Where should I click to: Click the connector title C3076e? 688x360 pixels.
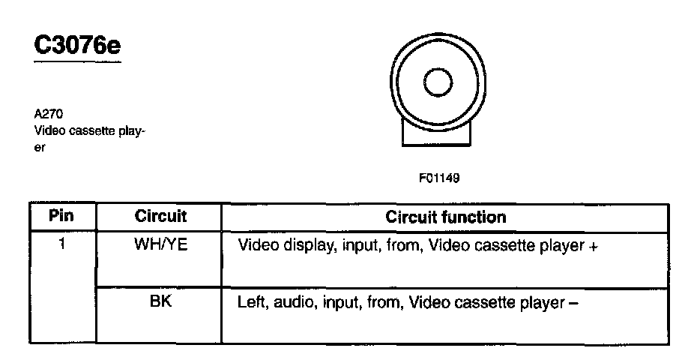pyautogui.click(x=77, y=45)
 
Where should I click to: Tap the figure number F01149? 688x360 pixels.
pyautogui.click(x=439, y=178)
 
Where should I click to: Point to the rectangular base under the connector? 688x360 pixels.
pyautogui.click(x=437, y=135)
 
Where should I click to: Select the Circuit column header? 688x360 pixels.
pyautogui.click(x=160, y=217)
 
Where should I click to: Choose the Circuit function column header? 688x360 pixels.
pyautogui.click(x=445, y=217)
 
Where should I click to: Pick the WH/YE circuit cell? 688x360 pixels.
pyautogui.click(x=160, y=244)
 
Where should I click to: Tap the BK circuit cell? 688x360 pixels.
pyautogui.click(x=160, y=302)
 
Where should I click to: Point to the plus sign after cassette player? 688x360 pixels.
pyautogui.click(x=593, y=246)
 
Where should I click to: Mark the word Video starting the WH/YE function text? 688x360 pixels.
pyautogui.click(x=255, y=245)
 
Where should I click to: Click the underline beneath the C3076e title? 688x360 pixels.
pyautogui.click(x=77, y=62)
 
